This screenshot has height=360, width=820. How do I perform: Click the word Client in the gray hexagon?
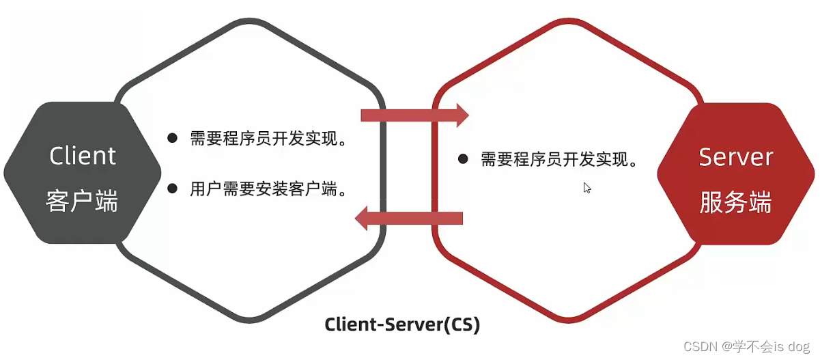(x=83, y=156)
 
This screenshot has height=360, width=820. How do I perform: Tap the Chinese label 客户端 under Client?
(x=83, y=202)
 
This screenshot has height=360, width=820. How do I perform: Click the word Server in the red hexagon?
(x=735, y=157)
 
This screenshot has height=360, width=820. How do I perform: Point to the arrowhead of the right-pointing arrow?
(x=462, y=115)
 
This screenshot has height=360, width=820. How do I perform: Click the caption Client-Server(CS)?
(x=402, y=324)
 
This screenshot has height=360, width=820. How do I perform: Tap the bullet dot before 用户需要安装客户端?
(x=173, y=188)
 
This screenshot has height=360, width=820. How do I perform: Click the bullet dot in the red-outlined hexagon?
(x=463, y=159)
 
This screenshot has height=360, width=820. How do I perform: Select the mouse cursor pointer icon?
(x=586, y=188)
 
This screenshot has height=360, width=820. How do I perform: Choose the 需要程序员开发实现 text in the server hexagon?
(x=561, y=160)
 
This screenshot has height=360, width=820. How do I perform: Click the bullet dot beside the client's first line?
(x=173, y=138)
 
